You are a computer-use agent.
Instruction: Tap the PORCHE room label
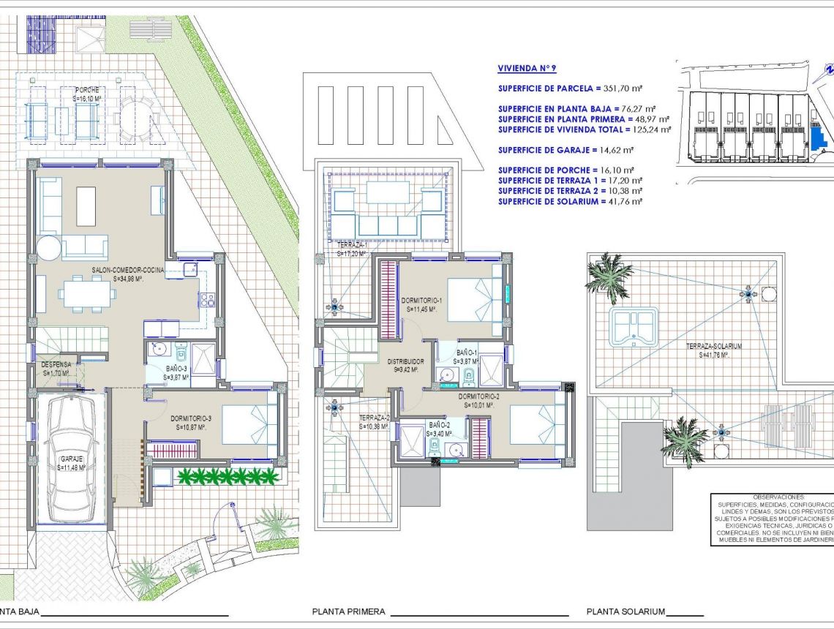(86, 90)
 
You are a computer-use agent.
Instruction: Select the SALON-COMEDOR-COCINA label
(128, 270)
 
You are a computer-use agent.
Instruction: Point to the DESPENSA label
(56, 364)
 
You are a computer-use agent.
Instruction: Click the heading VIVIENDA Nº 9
(527, 69)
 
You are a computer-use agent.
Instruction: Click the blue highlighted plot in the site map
(816, 136)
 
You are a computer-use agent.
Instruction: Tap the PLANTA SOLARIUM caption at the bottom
(625, 611)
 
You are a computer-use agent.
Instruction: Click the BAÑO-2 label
(440, 424)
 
